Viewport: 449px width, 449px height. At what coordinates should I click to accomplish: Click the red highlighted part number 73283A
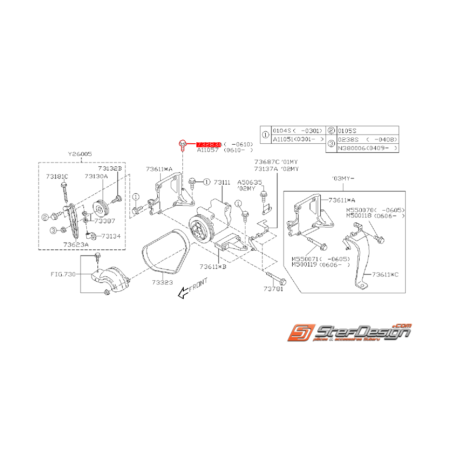pos(208,144)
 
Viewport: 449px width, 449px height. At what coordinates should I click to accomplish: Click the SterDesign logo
pos(350,332)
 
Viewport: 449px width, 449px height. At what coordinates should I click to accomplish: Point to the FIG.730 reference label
pos(63,273)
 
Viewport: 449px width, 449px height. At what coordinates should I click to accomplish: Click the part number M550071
pos(307,259)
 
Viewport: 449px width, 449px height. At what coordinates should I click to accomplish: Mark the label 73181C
pos(57,177)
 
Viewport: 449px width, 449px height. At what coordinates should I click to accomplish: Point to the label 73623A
pos(75,245)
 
